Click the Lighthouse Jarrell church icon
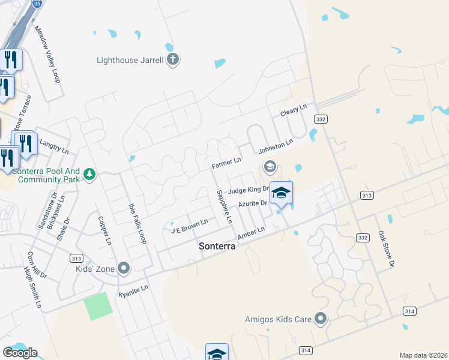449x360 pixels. point(173,59)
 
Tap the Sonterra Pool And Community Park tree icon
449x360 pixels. point(89,174)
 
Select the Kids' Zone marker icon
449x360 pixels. point(124,268)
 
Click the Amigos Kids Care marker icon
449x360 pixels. point(321,319)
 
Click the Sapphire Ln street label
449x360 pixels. point(224,206)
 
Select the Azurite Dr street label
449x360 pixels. point(252,204)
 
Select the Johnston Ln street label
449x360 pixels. point(276,146)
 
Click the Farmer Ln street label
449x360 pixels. point(226,162)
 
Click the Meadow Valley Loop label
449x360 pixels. point(48,54)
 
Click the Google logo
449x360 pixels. point(20,353)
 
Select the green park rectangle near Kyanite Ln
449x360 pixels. point(98,306)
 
